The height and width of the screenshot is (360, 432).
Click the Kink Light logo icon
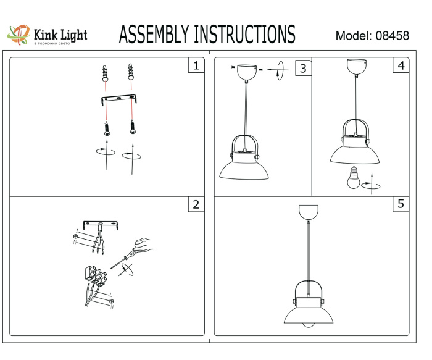[x=18, y=35]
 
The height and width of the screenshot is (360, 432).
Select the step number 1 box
[x=196, y=65]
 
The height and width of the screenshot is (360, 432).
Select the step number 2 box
[x=196, y=204]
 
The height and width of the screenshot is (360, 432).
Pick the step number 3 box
[x=302, y=67]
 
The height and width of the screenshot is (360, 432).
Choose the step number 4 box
[x=401, y=65]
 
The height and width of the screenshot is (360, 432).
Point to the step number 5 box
[x=401, y=204]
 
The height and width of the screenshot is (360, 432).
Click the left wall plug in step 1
[x=105, y=74]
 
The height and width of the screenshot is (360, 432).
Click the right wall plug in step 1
[x=130, y=73]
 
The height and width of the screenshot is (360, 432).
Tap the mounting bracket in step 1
[x=118, y=99]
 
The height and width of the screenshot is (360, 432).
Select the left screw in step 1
[x=107, y=128]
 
